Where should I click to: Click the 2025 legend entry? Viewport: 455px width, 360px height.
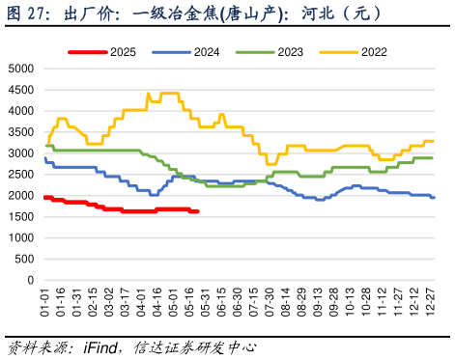108,51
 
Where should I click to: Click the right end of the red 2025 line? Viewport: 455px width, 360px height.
198,211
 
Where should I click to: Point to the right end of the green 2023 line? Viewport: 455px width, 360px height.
433,158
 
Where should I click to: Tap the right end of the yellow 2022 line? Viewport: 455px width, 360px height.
433,141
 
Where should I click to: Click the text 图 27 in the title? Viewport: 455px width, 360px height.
28,14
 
